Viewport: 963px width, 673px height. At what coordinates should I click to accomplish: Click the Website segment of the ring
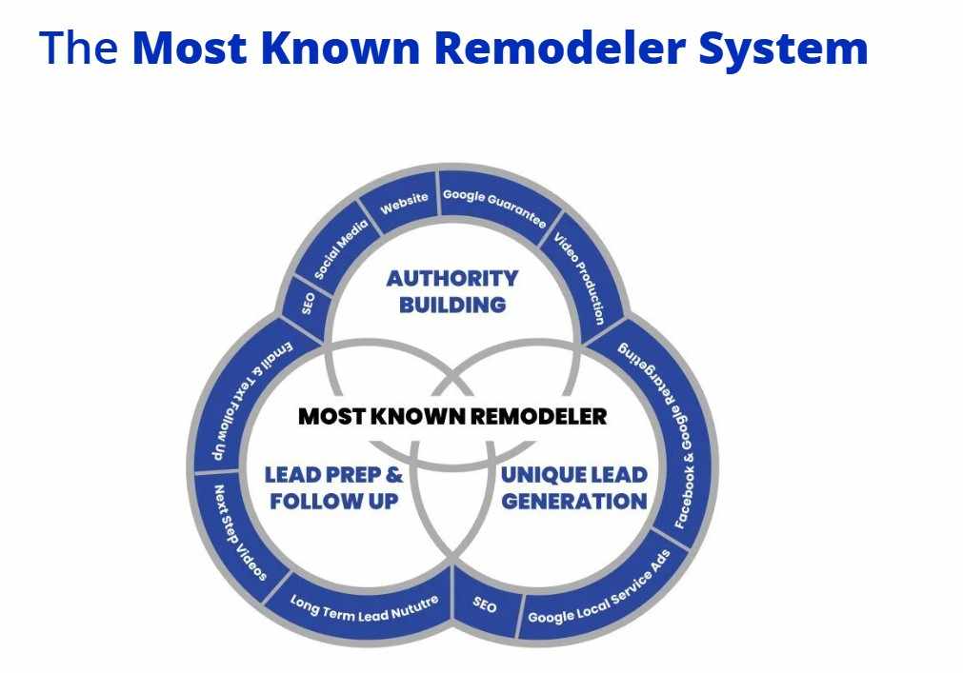pyautogui.click(x=404, y=203)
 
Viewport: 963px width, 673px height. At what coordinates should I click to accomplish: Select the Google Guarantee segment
pyautogui.click(x=495, y=207)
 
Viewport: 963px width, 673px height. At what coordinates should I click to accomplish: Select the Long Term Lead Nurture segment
pyautogui.click(x=364, y=608)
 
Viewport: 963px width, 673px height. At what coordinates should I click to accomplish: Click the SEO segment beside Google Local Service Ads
pyautogui.click(x=485, y=604)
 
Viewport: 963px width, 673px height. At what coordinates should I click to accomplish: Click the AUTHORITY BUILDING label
pyautogui.click(x=452, y=291)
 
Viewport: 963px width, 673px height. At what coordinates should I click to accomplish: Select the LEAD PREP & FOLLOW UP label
pyautogui.click(x=334, y=487)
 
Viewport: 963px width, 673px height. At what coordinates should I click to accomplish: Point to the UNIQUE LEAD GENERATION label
pyautogui.click(x=574, y=487)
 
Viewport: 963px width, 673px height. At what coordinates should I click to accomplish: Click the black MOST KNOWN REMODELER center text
pyautogui.click(x=452, y=417)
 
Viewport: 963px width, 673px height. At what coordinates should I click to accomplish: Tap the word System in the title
pyautogui.click(x=783, y=49)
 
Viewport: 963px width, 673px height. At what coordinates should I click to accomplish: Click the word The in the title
pyautogui.click(x=79, y=48)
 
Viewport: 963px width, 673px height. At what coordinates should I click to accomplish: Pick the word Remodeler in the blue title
pyautogui.click(x=559, y=48)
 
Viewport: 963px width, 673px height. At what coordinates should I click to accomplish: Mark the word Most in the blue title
pyautogui.click(x=190, y=48)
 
